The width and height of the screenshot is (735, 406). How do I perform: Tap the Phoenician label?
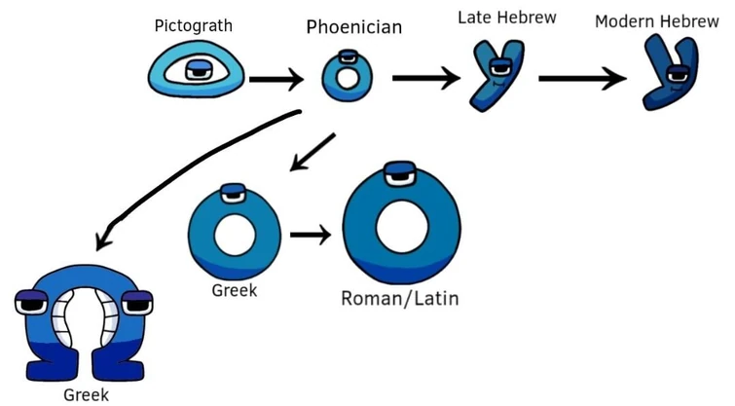click(353, 27)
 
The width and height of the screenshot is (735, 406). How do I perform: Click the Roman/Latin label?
click(399, 297)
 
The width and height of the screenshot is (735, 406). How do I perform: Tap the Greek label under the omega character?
click(86, 394)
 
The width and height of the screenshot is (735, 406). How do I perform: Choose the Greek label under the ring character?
click(234, 289)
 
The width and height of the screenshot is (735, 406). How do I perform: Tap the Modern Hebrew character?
click(671, 73)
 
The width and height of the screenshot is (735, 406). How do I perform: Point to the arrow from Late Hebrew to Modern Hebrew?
click(582, 79)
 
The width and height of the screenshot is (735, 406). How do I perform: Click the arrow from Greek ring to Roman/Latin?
click(311, 235)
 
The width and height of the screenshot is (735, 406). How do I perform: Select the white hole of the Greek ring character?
click(233, 235)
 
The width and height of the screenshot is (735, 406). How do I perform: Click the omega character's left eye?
click(33, 306)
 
